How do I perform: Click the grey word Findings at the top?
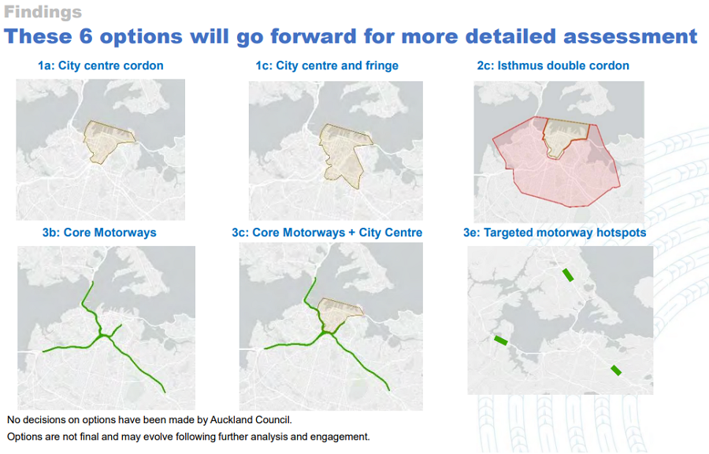[43, 12]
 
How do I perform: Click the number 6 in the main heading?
[86, 36]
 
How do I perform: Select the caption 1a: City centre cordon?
[100, 65]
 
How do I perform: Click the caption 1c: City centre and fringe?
[327, 65]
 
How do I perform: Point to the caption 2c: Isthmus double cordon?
[553, 65]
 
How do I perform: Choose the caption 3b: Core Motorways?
[99, 233]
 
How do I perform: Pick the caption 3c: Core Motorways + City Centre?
[327, 233]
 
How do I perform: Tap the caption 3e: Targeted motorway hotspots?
[555, 233]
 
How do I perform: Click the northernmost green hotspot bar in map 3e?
[568, 275]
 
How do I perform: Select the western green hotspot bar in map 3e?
[500, 340]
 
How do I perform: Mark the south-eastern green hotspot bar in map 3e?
[616, 370]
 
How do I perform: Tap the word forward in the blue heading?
[314, 36]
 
